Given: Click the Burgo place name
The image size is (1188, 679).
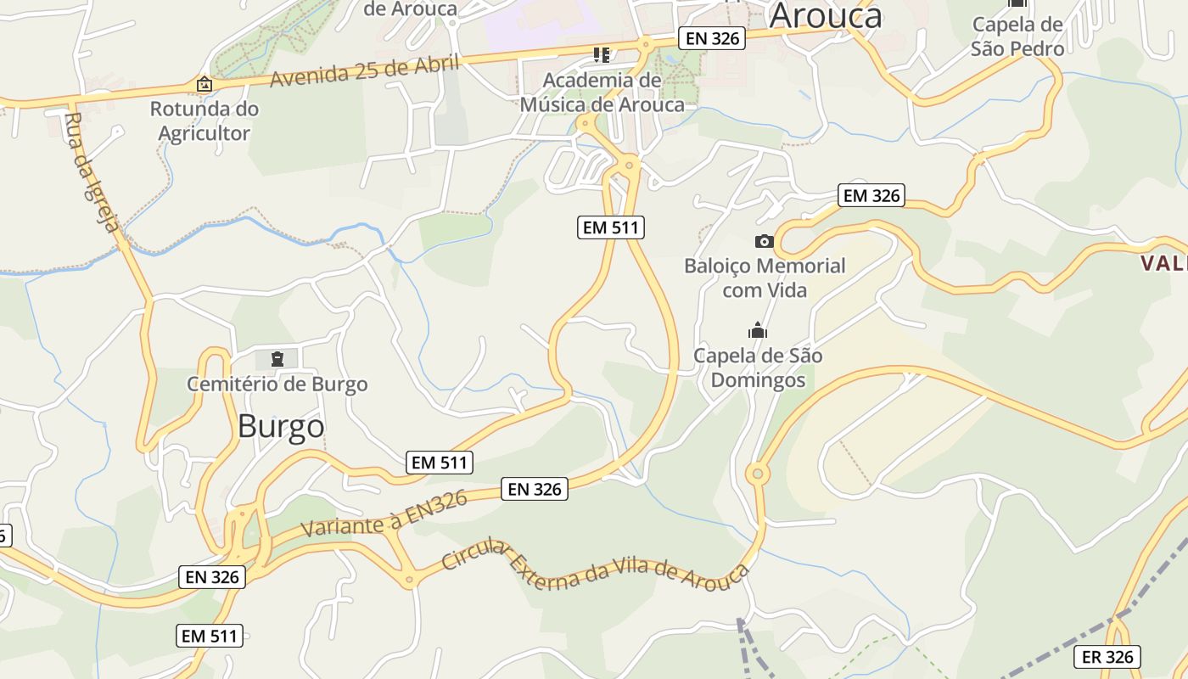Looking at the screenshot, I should (x=281, y=426).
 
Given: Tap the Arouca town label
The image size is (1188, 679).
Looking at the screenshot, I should (x=826, y=15).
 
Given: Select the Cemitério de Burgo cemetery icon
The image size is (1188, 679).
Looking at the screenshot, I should (x=277, y=359).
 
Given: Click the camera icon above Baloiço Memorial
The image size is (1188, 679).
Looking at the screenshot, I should (x=764, y=242).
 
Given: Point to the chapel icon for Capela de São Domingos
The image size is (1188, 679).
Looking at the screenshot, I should (x=757, y=330).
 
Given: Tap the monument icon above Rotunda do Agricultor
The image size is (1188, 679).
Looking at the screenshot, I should (x=204, y=85).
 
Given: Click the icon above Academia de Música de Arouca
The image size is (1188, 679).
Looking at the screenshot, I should (x=602, y=56).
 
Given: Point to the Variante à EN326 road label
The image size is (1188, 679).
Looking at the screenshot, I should (x=384, y=514).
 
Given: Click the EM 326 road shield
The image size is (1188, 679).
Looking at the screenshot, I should (x=871, y=195).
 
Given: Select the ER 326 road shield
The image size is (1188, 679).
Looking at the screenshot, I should (x=1107, y=657).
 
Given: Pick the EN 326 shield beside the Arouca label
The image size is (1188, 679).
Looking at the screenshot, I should (x=711, y=38).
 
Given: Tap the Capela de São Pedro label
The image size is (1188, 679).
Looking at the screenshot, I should (x=1017, y=36).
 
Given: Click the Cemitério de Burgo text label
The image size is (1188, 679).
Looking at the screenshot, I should (x=277, y=384).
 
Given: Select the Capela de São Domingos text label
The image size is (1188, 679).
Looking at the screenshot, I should (x=758, y=368).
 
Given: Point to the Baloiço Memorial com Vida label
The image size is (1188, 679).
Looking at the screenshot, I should (x=765, y=278).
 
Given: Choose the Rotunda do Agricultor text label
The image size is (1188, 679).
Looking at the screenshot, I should (x=205, y=121).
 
